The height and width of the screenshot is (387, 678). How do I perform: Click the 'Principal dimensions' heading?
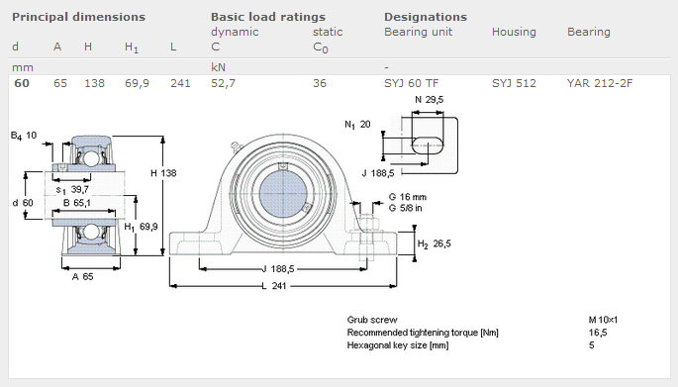78,17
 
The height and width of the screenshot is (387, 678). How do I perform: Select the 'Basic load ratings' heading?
267,17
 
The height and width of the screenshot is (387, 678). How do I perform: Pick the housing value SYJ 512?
514,83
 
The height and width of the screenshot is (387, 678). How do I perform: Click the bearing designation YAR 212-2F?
600,83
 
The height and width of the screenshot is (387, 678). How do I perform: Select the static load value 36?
319,83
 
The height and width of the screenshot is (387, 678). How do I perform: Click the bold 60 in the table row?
21,83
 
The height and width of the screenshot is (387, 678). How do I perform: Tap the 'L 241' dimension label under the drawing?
279,286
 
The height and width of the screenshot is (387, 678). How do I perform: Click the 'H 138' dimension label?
163,173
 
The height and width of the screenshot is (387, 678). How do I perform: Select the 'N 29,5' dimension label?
428,101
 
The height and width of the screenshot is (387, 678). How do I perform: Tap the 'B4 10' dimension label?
24,135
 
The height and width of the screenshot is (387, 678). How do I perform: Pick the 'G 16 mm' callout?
407,197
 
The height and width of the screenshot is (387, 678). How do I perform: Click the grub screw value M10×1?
604,320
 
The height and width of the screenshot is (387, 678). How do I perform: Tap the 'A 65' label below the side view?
83,276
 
